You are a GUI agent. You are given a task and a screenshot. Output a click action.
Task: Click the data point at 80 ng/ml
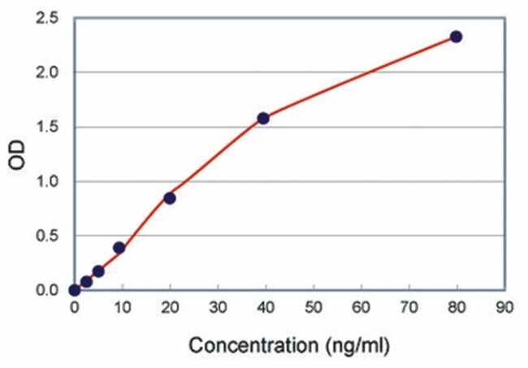456,37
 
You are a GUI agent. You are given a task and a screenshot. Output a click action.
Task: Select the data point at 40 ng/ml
263,118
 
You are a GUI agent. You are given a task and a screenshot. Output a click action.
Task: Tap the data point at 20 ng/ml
170,197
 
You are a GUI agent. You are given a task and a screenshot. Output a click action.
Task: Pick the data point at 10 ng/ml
119,248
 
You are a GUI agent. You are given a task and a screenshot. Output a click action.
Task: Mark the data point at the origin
75,290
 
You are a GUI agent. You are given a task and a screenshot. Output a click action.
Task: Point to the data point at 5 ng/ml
98,271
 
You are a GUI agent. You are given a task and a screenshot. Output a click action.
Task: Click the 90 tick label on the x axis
504,309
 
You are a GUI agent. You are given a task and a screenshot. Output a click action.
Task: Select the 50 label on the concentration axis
313,309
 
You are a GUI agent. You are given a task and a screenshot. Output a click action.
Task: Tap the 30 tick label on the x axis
218,309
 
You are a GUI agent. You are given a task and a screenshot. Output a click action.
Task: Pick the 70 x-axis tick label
409,309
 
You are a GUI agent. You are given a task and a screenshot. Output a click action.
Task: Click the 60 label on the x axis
361,309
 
